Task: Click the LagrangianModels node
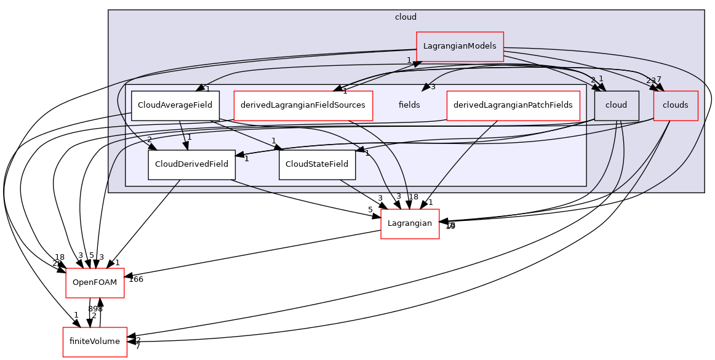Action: click(x=460, y=47)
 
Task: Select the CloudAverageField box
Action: click(x=175, y=105)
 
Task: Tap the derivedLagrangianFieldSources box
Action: click(x=303, y=105)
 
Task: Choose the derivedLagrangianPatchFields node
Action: click(x=513, y=105)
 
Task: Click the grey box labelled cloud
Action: click(x=616, y=105)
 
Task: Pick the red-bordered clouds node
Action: click(x=675, y=105)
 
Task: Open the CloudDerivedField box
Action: click(x=191, y=164)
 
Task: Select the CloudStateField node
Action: click(x=317, y=164)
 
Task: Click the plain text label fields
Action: click(x=409, y=105)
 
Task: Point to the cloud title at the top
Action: click(x=405, y=17)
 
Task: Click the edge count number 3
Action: click(x=433, y=87)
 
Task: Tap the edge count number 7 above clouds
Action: click(x=658, y=79)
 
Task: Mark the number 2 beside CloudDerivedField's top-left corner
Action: click(x=149, y=140)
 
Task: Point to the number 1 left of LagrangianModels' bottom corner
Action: click(x=409, y=60)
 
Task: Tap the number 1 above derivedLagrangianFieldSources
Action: click(x=345, y=91)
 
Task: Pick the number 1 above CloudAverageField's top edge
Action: click(x=207, y=89)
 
